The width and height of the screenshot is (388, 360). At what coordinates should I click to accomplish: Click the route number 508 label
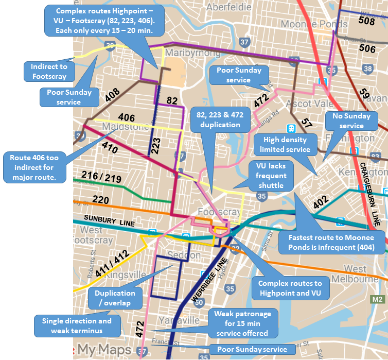(x=367, y=21)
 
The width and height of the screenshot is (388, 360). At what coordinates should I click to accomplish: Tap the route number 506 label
(x=367, y=48)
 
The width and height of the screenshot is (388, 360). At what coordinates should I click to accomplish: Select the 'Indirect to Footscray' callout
(x=49, y=71)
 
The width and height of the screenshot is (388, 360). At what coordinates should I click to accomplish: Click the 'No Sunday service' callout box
(x=351, y=121)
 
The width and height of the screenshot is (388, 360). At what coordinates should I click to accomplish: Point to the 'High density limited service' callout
(x=285, y=144)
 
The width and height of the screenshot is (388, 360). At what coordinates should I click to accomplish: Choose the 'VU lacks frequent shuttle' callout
(x=272, y=175)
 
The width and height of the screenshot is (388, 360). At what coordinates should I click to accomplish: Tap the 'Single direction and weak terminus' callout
(x=76, y=325)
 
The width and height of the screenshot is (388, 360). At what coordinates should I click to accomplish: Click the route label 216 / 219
(x=100, y=177)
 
